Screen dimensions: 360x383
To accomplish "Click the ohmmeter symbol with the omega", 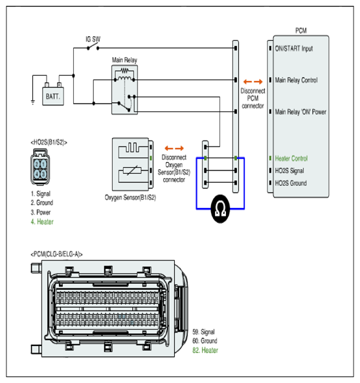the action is tap(220, 209).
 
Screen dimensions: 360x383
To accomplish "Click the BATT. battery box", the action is tap(53, 97).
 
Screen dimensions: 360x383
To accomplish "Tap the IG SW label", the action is tap(93, 39).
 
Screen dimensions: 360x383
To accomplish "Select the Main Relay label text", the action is tap(124, 60).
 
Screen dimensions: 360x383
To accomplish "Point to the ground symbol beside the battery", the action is tap(33, 102).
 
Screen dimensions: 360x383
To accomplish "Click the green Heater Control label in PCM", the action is tap(291, 159).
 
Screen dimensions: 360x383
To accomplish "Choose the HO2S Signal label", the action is tap(289, 170).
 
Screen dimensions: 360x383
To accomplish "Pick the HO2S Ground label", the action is tap(291, 183).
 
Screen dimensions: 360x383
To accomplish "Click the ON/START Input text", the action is tap(294, 49).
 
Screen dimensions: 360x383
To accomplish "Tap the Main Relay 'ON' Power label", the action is tap(300, 112).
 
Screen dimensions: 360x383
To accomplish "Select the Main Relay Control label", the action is tap(297, 80).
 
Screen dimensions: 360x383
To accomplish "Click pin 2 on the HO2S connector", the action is tap(37, 164).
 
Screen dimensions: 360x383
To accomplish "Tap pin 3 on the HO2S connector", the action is tap(43, 174).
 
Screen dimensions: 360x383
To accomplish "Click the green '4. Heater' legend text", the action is tap(42, 222).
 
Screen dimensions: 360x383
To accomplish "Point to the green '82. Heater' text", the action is tap(205, 350).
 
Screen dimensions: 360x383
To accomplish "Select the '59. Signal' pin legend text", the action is tap(203, 332).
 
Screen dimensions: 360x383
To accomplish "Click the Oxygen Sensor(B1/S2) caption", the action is tap(130, 198).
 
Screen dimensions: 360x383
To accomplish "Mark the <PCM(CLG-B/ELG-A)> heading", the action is tap(56, 254).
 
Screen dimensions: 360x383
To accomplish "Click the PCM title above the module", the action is tap(301, 30).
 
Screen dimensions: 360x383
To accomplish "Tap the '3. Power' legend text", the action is tap(41, 213).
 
